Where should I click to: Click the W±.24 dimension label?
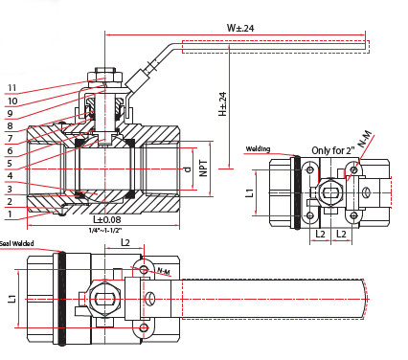(240, 28)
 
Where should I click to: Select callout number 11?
(11, 88)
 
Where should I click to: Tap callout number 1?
(11, 214)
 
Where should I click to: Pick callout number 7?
(11, 139)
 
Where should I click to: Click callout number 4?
(11, 176)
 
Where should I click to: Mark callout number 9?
(11, 113)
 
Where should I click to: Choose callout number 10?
(11, 101)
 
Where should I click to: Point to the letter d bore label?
(188, 170)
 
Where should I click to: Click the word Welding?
(258, 149)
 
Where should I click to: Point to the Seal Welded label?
(18, 243)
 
